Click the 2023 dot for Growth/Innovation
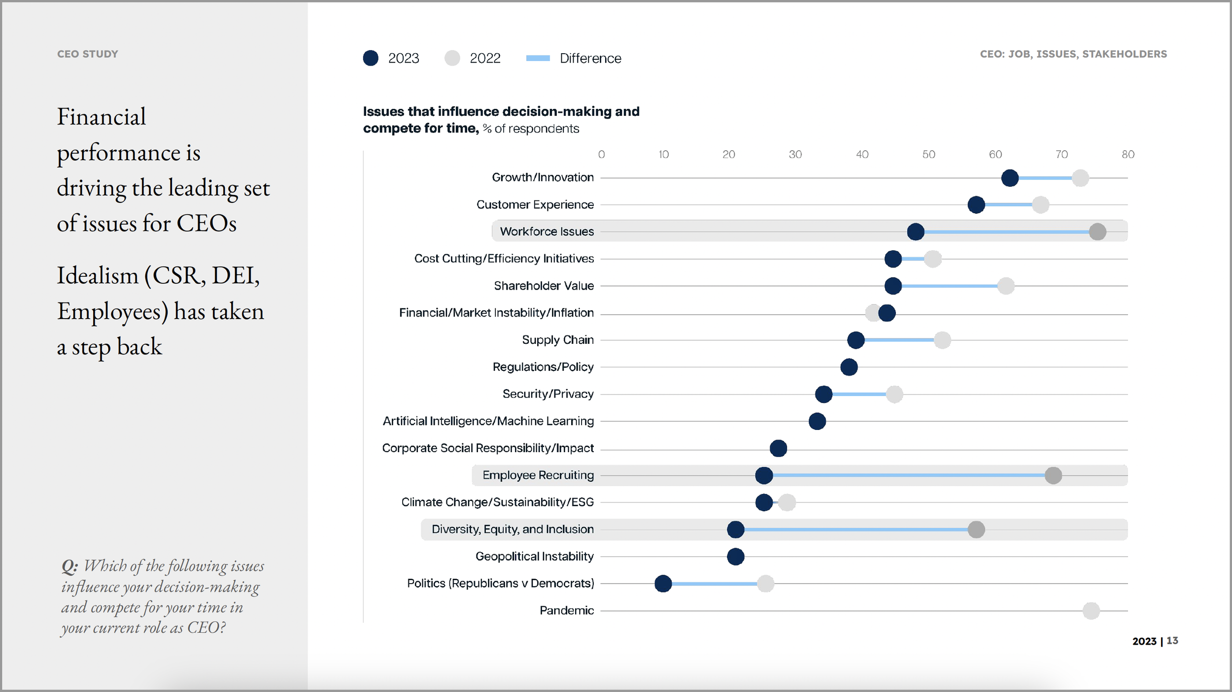click(1009, 178)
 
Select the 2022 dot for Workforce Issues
click(1097, 231)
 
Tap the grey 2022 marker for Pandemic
click(1091, 611)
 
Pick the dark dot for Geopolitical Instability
click(735, 557)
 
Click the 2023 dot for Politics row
click(663, 584)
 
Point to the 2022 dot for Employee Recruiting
click(1053, 475)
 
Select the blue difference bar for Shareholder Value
click(949, 286)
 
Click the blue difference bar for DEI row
click(855, 529)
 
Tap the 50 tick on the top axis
click(928, 155)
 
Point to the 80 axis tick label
click(1128, 155)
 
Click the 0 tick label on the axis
click(601, 155)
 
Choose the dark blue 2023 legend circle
click(371, 58)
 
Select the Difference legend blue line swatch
click(538, 58)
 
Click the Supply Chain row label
click(557, 340)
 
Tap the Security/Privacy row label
click(548, 394)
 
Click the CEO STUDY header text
click(88, 54)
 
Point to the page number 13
click(1172, 641)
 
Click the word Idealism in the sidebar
click(97, 275)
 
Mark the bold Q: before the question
click(69, 566)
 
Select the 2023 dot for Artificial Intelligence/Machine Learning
click(817, 421)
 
